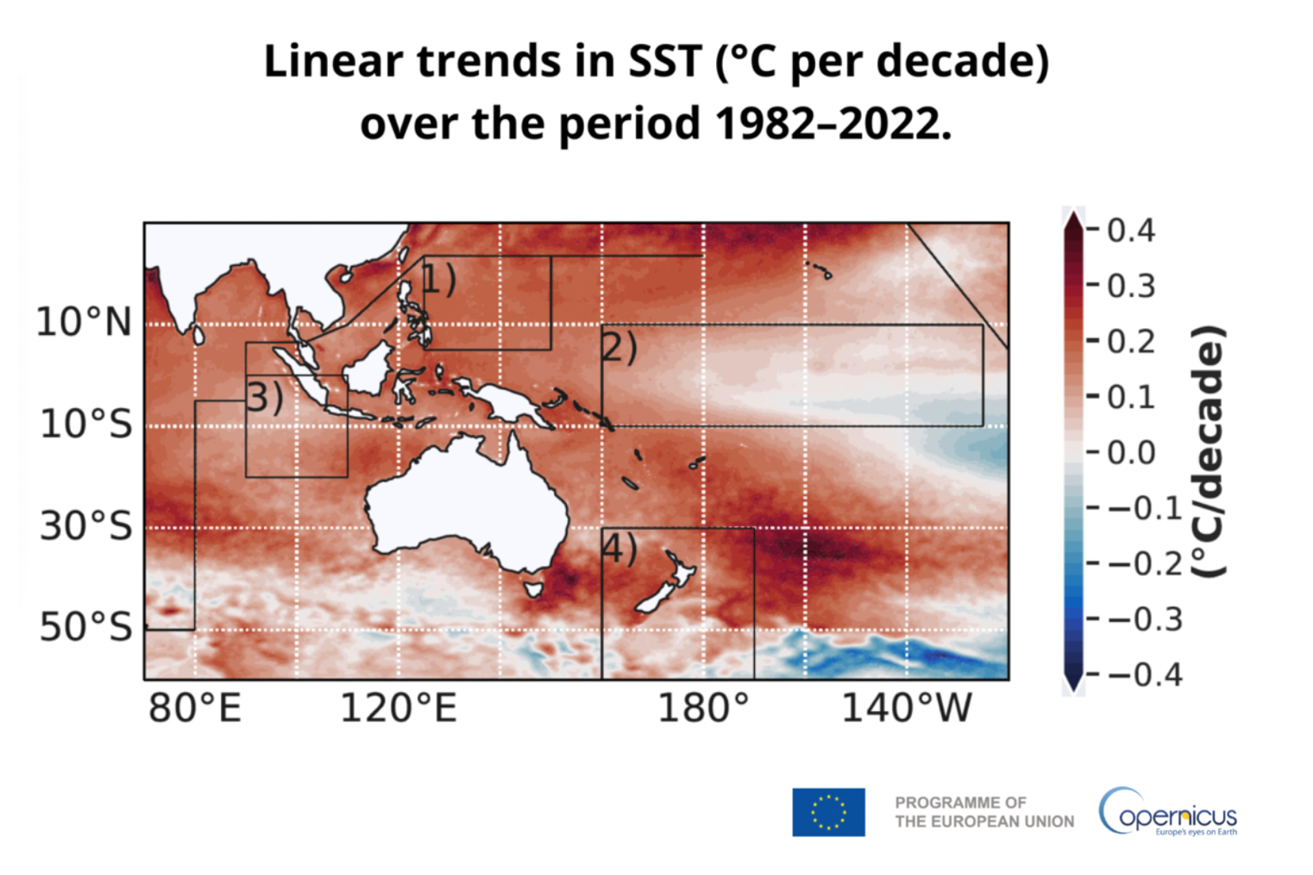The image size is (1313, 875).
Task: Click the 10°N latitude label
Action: tap(84, 323)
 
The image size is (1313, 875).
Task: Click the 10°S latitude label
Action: tap(85, 424)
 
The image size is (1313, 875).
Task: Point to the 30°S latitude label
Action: tap(85, 526)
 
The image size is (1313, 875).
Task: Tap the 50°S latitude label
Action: tap(85, 627)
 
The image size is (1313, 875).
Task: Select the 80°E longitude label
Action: tap(195, 708)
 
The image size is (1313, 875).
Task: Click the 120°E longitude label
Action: tap(398, 708)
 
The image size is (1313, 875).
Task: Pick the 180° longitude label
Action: tap(703, 708)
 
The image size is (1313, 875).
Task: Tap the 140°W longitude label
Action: tap(906, 708)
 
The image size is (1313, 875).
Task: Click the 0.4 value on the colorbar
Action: tap(1131, 230)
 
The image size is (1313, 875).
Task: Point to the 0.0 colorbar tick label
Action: tap(1131, 452)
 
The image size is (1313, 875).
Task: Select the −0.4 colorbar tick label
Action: tap(1144, 674)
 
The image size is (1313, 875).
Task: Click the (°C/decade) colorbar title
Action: tap(1208, 451)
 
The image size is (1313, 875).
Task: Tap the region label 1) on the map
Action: tap(438, 279)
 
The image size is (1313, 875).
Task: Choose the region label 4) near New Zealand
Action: tap(619, 548)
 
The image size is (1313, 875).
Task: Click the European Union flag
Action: tap(828, 812)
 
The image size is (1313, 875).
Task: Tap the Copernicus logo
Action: tap(1167, 812)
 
